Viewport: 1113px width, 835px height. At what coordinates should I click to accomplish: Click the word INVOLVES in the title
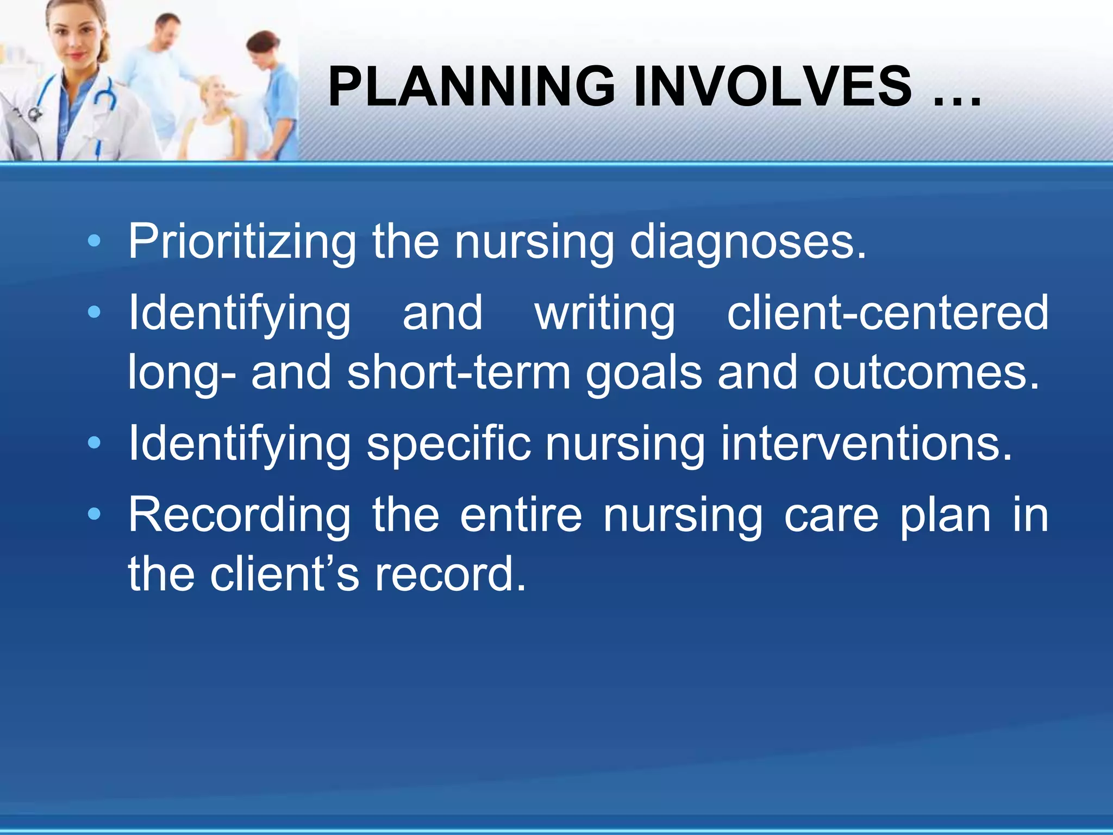point(772,87)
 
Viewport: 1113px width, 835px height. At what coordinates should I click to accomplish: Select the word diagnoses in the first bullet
point(747,242)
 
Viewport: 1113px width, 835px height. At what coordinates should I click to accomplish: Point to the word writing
point(605,314)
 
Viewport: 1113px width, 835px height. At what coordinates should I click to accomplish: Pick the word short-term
point(459,372)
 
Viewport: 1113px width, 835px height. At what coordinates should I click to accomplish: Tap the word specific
point(448,445)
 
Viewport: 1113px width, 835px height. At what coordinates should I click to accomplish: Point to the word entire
point(521,515)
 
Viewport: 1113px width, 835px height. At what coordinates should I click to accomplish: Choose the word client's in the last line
point(284,574)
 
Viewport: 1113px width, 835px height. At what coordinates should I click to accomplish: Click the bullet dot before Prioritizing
point(94,241)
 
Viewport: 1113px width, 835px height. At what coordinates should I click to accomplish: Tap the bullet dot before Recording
point(94,514)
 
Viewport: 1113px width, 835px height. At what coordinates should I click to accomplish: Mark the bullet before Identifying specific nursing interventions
point(94,443)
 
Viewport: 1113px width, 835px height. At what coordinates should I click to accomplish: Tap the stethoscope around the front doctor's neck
point(103,95)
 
